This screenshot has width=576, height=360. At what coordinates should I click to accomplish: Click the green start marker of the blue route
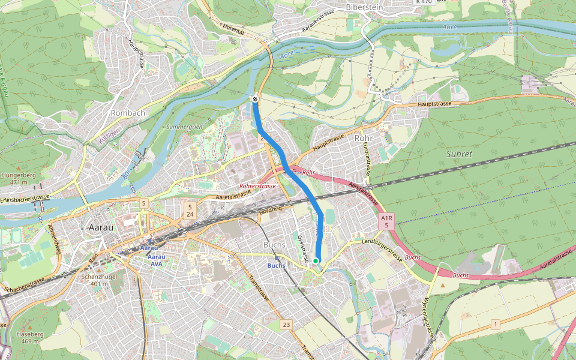click(x=316, y=260)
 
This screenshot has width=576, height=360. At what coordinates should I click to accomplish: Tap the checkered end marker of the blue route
click(x=255, y=99)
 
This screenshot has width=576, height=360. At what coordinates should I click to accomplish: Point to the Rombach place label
click(x=128, y=113)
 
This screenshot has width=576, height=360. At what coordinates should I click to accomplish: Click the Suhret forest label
click(x=459, y=154)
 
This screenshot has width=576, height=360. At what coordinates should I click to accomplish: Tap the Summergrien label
click(x=184, y=127)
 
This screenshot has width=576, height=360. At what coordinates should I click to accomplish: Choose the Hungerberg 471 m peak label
click(x=15, y=179)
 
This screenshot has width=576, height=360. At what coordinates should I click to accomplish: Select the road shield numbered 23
click(x=286, y=325)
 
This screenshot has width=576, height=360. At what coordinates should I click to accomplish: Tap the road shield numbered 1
click(x=495, y=325)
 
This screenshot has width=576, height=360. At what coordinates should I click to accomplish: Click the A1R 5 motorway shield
click(x=387, y=221)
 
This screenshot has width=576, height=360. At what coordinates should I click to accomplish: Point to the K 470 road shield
click(x=424, y=2)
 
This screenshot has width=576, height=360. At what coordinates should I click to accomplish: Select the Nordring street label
click(x=270, y=211)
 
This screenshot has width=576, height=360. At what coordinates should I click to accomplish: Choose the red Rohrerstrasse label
click(x=257, y=186)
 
